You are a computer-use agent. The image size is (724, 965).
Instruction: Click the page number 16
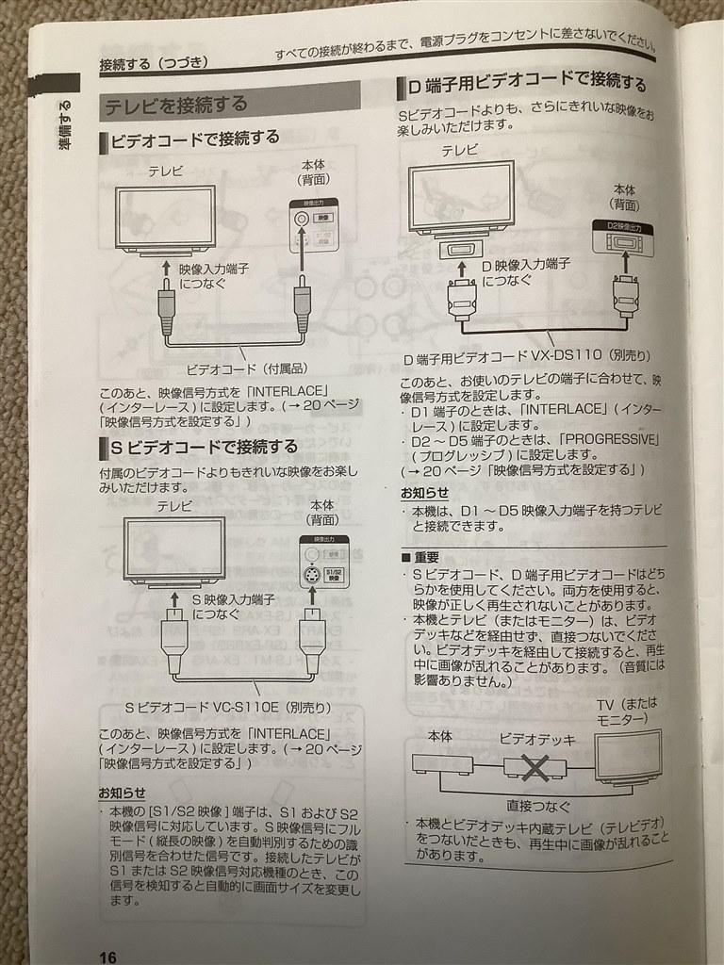pos(107,957)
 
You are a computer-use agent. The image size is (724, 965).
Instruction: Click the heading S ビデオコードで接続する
pos(204,446)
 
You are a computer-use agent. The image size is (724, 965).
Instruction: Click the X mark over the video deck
pos(535,768)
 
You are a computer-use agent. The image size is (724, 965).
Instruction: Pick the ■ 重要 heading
pos(420,557)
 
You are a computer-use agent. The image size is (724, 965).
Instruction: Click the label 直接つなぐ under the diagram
pos(533,805)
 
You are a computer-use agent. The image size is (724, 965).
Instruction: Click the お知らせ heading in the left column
pos(123,792)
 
